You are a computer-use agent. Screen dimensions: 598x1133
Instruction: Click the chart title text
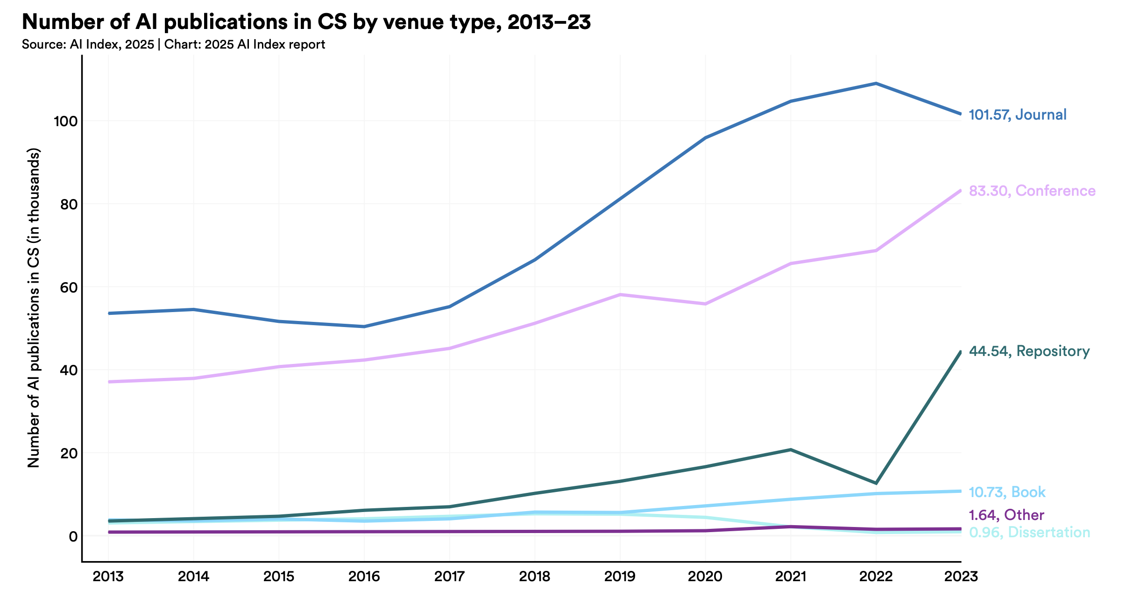(306, 22)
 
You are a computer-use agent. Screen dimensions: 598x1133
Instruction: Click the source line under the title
(173, 45)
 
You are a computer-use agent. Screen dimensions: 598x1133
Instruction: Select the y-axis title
(34, 308)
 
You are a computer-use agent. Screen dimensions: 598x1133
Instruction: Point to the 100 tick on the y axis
(65, 121)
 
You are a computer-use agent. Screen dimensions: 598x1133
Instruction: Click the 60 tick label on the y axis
(68, 287)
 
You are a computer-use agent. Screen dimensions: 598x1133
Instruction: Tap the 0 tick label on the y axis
(73, 536)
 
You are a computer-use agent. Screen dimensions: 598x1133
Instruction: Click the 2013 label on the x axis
(108, 577)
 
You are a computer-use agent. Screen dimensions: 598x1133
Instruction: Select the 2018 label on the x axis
(535, 577)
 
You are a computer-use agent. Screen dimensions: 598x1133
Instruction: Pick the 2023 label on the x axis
(961, 577)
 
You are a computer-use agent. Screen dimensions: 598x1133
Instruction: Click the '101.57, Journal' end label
(1018, 115)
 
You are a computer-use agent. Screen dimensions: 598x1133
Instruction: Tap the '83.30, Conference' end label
(1032, 191)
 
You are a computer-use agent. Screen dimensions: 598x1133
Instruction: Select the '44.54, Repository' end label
(1029, 351)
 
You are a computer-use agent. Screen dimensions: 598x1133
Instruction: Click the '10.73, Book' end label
(1007, 492)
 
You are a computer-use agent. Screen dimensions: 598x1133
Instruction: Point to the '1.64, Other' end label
(1006, 515)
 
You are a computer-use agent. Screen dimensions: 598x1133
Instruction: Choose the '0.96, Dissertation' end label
(1029, 532)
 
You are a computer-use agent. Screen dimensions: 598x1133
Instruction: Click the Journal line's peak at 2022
(876, 84)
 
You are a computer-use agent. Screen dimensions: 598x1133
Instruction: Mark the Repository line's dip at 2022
(876, 483)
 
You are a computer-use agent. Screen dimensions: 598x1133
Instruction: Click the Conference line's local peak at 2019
(620, 295)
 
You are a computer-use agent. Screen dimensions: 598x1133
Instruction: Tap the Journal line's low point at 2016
(364, 327)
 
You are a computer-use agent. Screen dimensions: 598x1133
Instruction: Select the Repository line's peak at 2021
(791, 450)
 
